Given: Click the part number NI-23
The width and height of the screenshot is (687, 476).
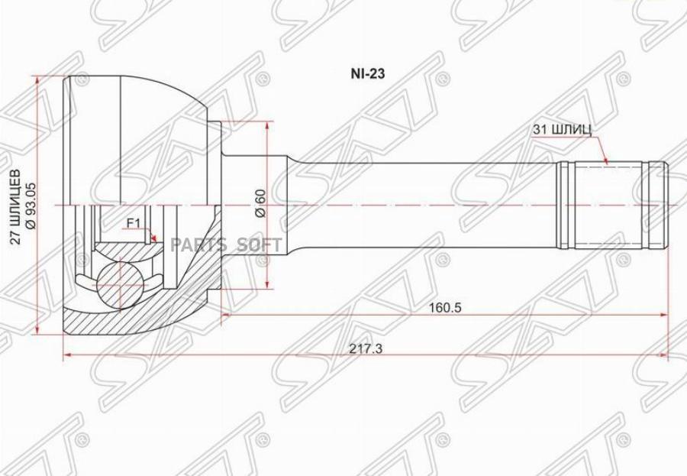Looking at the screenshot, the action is [368, 73].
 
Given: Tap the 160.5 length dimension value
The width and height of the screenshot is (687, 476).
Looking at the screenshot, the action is [446, 308].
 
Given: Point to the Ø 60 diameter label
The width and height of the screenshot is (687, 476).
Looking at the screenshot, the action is [260, 202].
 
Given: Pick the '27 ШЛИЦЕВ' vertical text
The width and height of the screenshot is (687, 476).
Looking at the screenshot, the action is [15, 206].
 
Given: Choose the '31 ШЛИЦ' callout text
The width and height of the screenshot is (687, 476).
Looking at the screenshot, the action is [563, 129].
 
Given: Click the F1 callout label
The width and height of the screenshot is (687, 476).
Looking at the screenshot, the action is [133, 224].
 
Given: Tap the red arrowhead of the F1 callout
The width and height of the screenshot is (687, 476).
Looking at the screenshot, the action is [153, 238].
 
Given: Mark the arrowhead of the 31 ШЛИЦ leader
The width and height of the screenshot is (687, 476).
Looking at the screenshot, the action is [605, 160].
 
